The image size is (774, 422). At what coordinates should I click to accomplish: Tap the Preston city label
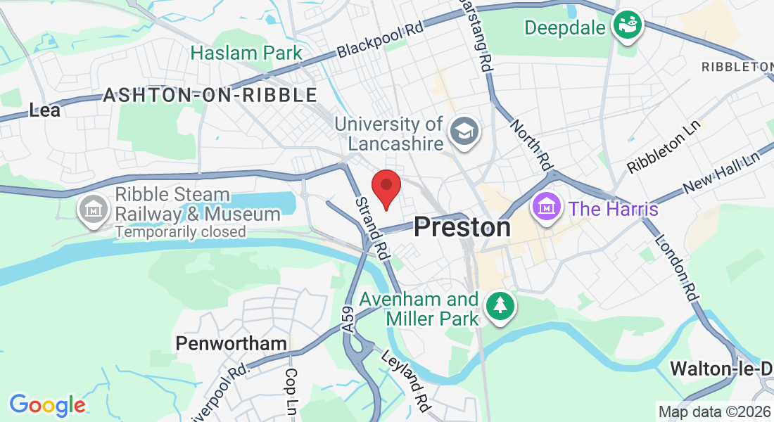(462, 227)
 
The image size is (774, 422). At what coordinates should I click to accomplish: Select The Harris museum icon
(547, 207)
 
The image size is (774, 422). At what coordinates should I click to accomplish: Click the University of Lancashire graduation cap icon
(464, 131)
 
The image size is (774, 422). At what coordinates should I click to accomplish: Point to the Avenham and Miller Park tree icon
(500, 306)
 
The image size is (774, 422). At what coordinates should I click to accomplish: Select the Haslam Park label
(246, 53)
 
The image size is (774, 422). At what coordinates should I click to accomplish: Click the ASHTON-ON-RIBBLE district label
(210, 95)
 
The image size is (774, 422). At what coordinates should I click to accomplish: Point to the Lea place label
(44, 110)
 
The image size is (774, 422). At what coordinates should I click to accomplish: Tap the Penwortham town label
(231, 343)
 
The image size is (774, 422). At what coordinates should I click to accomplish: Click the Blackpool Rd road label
(381, 38)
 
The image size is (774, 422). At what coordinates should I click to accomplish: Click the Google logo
(47, 404)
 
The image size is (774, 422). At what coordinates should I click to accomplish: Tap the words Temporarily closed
(180, 231)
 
